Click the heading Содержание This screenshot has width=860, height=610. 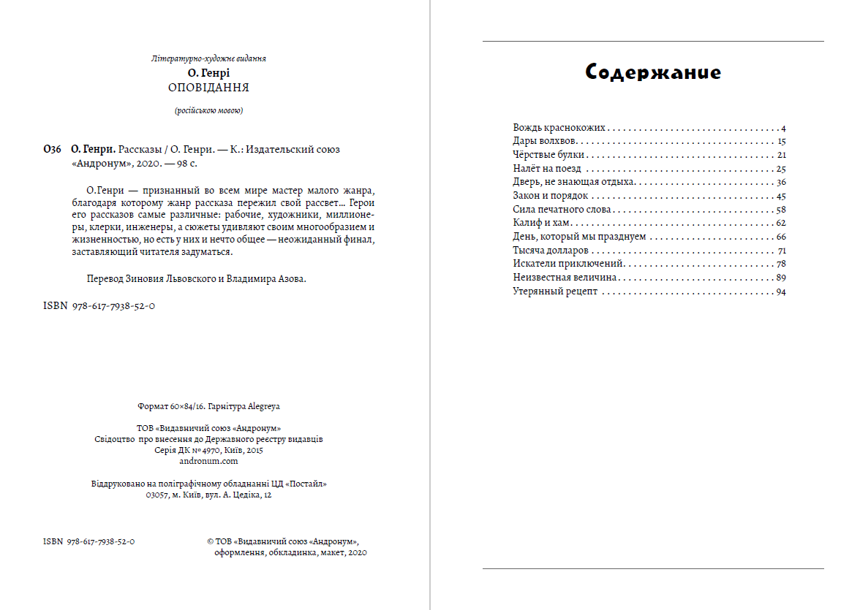click(653, 72)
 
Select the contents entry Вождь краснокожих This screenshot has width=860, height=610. click(559, 128)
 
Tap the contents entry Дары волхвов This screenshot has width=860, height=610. click(546, 141)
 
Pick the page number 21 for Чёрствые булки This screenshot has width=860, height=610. click(781, 155)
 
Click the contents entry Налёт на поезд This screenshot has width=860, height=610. click(547, 169)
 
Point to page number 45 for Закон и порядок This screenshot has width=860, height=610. click(781, 196)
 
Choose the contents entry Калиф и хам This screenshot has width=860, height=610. click(541, 223)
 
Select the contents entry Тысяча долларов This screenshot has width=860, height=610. click(551, 251)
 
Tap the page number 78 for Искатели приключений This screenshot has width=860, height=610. click(781, 264)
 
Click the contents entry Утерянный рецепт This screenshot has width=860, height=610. click(555, 291)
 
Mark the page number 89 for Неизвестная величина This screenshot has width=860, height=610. click(781, 278)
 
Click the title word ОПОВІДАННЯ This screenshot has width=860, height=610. click(208, 88)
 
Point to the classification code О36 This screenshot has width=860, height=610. click(52, 149)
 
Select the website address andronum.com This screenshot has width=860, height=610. click(208, 461)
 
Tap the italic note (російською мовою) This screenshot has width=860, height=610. click(208, 111)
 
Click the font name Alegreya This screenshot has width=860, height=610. click(265, 406)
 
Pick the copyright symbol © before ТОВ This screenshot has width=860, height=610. click(210, 542)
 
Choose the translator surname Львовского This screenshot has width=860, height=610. click(186, 278)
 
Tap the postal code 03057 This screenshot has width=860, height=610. click(157, 495)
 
